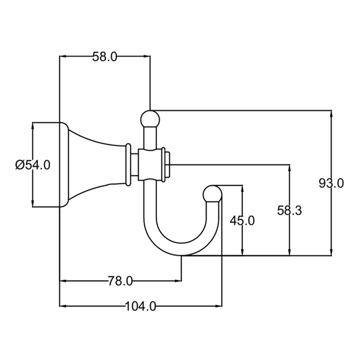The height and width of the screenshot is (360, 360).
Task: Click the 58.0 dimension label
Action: point(104,56)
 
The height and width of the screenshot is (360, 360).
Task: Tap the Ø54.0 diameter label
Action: point(33,165)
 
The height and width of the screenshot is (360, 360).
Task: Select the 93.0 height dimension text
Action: point(332,183)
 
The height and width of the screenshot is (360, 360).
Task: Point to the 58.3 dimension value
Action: point(290,210)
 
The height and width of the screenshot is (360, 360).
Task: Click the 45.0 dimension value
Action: point(242,220)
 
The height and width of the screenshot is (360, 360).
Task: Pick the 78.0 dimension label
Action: point(121,281)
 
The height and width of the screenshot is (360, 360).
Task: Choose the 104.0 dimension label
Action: point(140,306)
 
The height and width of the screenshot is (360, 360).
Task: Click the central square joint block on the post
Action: point(150,164)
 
